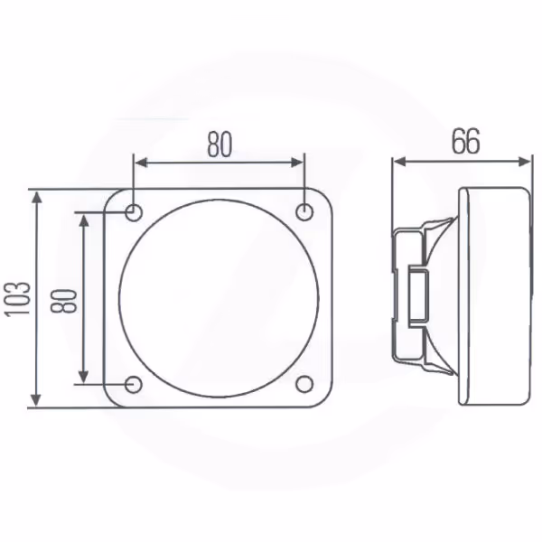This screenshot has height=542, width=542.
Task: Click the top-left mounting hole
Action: tap(134, 212)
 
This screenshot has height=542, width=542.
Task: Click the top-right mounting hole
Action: tap(304, 211)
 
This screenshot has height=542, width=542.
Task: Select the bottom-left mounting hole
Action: tap(134, 385)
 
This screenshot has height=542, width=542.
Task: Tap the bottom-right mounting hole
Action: tap(304, 384)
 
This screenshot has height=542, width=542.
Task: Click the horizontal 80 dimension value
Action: tap(220, 145)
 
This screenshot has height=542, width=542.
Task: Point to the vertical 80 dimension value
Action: tap(63, 301)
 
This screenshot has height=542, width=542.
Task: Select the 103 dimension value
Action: tap(17, 299)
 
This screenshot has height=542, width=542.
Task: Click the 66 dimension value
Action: tap(466, 142)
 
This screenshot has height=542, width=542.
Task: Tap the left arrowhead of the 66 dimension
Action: tap(399, 161)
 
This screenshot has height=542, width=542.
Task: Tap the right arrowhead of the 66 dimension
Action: tap(523, 161)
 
